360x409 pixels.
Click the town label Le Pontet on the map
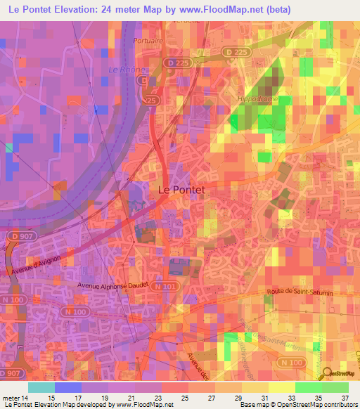(180, 189)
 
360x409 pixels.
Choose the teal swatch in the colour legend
(41, 387)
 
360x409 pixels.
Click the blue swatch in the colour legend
(68, 387)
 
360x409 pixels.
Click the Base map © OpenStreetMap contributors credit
(297, 405)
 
